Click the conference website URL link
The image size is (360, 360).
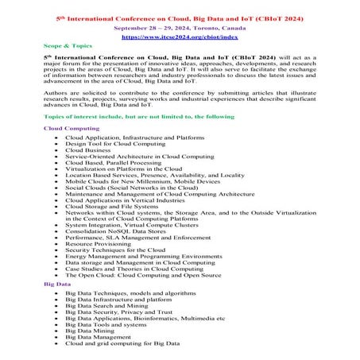tap(180, 36)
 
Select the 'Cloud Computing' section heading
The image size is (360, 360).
tap(72, 127)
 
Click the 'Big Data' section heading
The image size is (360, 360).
tap(59, 283)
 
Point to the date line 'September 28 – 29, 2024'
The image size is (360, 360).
tap(180, 26)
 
